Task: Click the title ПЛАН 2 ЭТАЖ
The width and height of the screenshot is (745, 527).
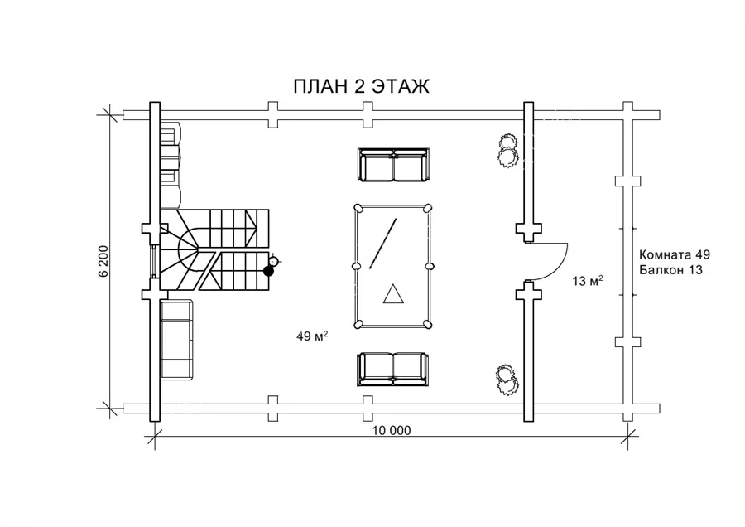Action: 361,86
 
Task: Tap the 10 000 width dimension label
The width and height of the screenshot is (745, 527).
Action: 392,430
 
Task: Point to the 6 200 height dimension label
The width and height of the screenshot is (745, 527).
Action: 104,261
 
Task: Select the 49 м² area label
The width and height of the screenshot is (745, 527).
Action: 312,336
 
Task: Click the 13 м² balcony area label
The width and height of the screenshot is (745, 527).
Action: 588,281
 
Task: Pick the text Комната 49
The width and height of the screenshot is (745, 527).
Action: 675,254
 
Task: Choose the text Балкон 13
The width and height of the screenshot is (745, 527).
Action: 670,269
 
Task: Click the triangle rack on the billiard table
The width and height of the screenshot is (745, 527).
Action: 393,293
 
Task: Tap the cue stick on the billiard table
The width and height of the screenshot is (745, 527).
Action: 382,243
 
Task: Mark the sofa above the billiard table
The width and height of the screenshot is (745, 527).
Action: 393,165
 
